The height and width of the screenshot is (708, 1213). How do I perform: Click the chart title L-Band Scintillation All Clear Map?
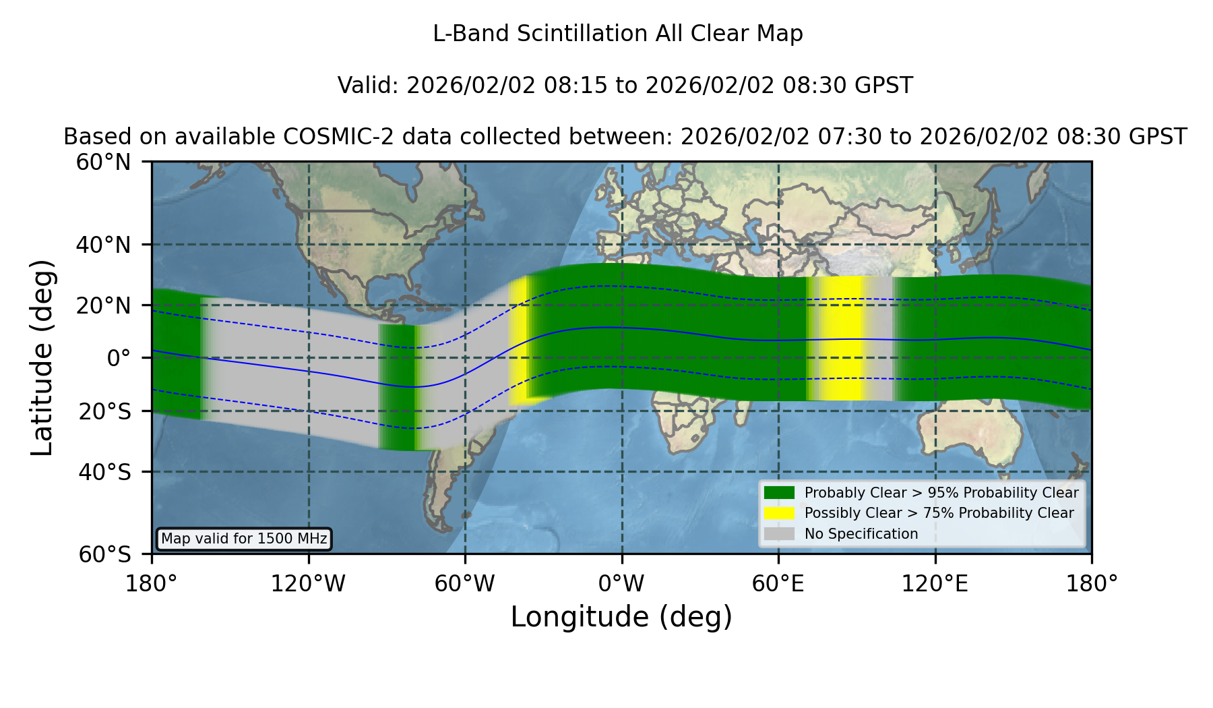(x=618, y=34)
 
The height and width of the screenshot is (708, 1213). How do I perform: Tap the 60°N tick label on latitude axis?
(x=103, y=163)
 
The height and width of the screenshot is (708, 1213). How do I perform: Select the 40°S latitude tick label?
(x=105, y=472)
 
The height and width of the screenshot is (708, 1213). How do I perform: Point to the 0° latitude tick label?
(x=119, y=358)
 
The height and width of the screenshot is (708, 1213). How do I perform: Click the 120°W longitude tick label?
(x=308, y=583)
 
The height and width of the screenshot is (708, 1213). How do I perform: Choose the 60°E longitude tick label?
(x=778, y=583)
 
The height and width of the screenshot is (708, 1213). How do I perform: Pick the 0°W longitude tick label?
(x=622, y=583)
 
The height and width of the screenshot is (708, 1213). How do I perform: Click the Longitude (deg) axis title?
(x=621, y=617)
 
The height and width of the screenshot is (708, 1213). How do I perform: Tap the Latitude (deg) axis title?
(x=42, y=358)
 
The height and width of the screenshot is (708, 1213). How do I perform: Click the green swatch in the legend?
(x=779, y=493)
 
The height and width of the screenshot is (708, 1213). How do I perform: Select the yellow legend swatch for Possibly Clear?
(x=779, y=513)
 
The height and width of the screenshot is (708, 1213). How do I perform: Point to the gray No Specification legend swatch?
(x=779, y=534)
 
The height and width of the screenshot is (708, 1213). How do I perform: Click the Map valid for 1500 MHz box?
(x=244, y=539)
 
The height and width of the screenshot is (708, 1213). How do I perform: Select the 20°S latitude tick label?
(x=105, y=411)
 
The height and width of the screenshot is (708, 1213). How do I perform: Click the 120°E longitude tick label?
(x=935, y=583)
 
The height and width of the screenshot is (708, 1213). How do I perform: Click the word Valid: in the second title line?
(x=369, y=86)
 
